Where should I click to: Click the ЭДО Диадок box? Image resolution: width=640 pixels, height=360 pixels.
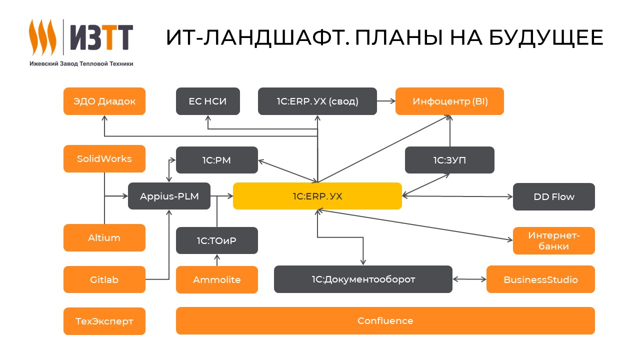tap(104, 101)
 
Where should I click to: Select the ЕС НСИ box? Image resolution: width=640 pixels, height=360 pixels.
tap(208, 101)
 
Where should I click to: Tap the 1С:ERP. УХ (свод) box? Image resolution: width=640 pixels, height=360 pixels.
tap(317, 101)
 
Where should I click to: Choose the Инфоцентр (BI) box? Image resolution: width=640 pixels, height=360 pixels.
tap(450, 101)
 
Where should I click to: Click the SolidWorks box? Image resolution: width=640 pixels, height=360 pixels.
tap(104, 159)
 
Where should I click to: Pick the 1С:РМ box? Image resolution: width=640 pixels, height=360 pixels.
tap(217, 160)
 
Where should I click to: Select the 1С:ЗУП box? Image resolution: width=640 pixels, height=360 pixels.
tap(449, 160)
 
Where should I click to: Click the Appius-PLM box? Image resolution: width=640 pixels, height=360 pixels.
tap(169, 196)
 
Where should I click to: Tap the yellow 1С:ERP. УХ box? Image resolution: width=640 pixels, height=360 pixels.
tap(317, 196)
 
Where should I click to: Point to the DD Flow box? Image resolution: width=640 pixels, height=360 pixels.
tap(554, 196)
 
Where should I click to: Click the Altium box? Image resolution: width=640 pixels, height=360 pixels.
tap(104, 238)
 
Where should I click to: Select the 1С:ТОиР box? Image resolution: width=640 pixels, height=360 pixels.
tap(217, 240)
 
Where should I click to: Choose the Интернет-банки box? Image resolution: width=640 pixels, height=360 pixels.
tap(554, 241)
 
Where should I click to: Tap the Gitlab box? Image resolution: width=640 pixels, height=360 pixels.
tap(104, 279)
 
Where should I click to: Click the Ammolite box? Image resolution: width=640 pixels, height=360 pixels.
tap(217, 279)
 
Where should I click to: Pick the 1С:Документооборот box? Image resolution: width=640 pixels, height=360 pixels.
tap(363, 279)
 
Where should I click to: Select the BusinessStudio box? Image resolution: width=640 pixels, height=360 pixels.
tap(540, 279)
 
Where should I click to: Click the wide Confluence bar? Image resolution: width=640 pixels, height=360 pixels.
tap(385, 321)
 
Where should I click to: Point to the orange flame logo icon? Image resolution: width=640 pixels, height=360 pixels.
tap(42, 37)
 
